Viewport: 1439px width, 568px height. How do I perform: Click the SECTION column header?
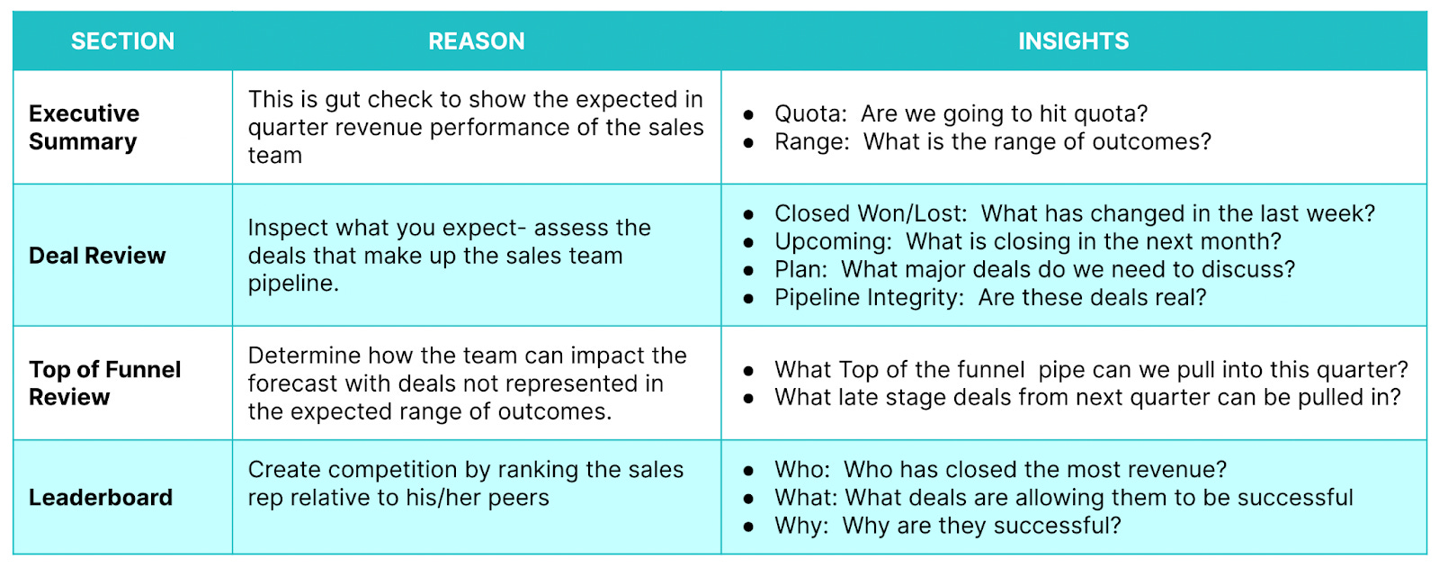(x=122, y=41)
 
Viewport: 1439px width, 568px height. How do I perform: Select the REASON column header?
(x=476, y=41)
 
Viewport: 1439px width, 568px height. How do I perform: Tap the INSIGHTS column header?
(x=1073, y=41)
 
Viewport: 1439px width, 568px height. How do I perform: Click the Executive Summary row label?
(x=84, y=127)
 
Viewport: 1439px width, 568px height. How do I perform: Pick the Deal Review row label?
(x=97, y=256)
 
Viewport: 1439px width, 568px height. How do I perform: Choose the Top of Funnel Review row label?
(x=104, y=383)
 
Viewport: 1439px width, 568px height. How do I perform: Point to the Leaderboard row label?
(x=101, y=497)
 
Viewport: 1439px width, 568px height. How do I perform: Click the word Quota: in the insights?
(x=810, y=113)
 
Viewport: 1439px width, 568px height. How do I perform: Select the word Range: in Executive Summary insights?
(x=811, y=141)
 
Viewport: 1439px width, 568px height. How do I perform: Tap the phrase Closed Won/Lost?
(x=871, y=213)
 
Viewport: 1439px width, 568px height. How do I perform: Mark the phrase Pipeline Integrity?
(x=869, y=297)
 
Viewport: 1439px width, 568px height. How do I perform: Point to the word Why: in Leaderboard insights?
(x=801, y=525)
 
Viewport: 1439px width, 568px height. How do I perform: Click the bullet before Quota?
(x=748, y=114)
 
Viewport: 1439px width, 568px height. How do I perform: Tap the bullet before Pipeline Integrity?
(x=748, y=298)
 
